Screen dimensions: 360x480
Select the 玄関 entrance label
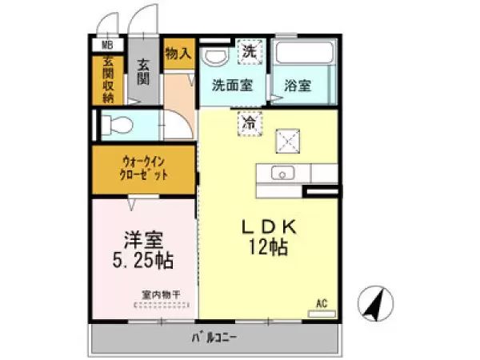pos(144,73)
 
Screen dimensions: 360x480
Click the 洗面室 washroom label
pos(233,85)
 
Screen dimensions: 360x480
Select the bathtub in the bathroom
pos(303,56)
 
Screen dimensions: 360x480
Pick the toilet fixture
pos(119,125)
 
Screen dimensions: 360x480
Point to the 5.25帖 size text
pos(142,261)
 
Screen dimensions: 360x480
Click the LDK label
pos(270,227)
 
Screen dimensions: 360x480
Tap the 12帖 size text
pos(270,247)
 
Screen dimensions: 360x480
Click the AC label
pos(322,303)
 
